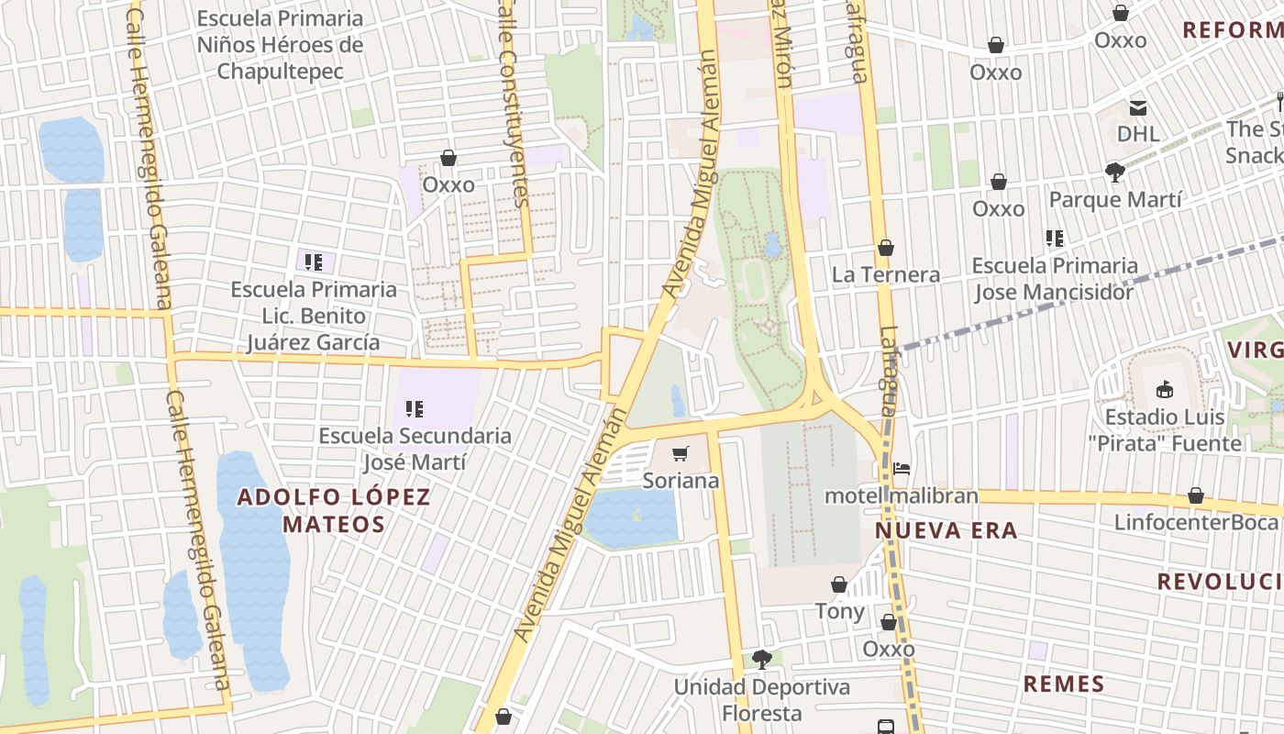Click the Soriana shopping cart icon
pos(680,453)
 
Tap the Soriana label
pos(681,481)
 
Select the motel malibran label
pos(902,496)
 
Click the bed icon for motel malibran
pos(902,469)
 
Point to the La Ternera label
pos(885,274)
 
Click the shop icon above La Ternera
pos(885,248)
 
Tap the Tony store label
pos(839,611)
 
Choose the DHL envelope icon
pos(1138,107)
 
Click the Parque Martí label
pos(1115,199)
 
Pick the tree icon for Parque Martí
pos(1115,172)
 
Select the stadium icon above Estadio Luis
pos(1165,389)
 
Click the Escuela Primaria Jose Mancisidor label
pos(1054,279)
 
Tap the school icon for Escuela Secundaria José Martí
pos(415,408)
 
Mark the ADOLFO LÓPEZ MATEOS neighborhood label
pos(334,511)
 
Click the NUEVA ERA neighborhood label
pos(946,530)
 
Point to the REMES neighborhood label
pos(1064,684)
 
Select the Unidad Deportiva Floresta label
pos(761,700)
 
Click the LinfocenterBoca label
pos(1195,522)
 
